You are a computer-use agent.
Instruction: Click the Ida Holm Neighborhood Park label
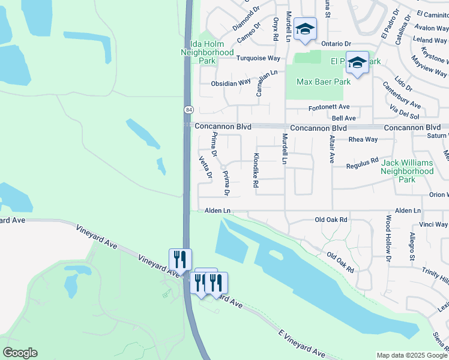point(207,52)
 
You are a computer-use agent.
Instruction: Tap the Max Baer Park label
point(318,82)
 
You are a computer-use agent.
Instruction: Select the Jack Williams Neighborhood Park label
point(407,171)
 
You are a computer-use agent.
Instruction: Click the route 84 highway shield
point(189,110)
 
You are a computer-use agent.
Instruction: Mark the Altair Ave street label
point(331,149)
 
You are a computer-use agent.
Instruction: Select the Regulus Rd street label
point(363,161)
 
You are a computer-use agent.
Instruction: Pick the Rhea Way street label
point(363,139)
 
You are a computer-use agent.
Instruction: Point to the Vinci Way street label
point(433,224)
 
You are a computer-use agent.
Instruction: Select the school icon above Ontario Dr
point(305,29)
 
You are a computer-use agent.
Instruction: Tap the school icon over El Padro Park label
point(357,62)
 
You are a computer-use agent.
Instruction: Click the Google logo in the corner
point(20,353)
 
